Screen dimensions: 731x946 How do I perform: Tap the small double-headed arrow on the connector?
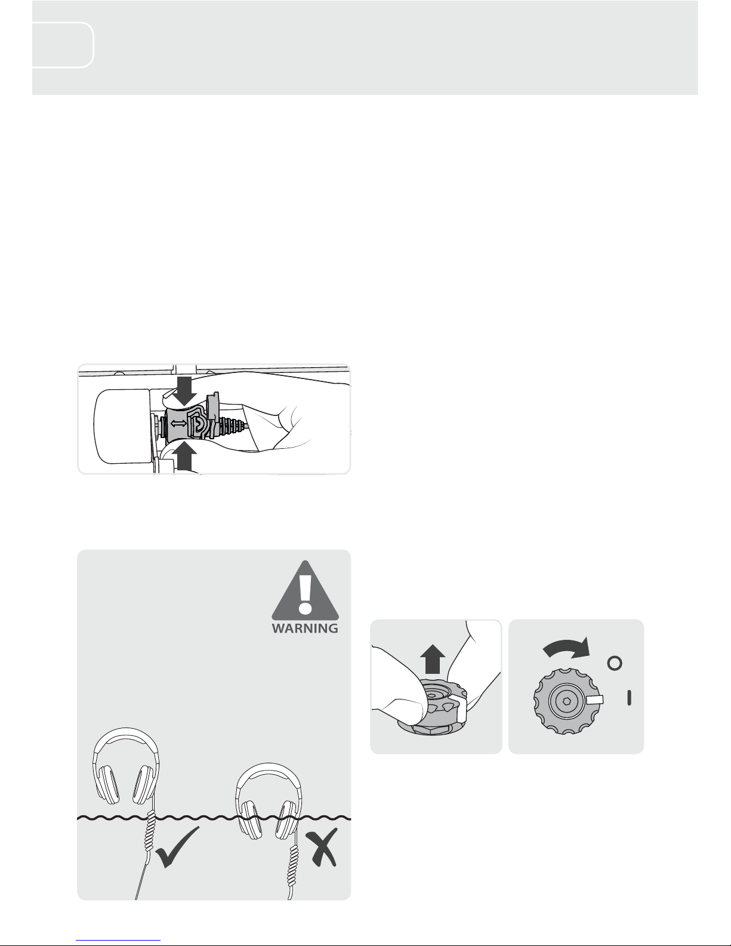coord(179,423)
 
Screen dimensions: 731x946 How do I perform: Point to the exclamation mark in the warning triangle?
coord(306,594)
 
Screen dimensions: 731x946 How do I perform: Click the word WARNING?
coord(305,628)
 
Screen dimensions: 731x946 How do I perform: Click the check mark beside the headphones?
coord(177,847)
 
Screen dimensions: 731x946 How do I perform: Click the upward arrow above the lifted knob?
coord(433,659)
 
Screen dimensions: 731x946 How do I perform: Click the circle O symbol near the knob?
coord(615,664)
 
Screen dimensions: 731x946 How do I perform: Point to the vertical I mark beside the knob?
coord(629,698)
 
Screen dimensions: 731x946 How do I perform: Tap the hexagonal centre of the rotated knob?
coord(566,701)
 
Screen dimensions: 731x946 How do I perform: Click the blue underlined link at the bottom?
coord(118,939)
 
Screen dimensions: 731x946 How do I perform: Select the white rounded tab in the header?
coord(63,45)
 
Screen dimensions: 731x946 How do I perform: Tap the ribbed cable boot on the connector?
coord(233,424)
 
